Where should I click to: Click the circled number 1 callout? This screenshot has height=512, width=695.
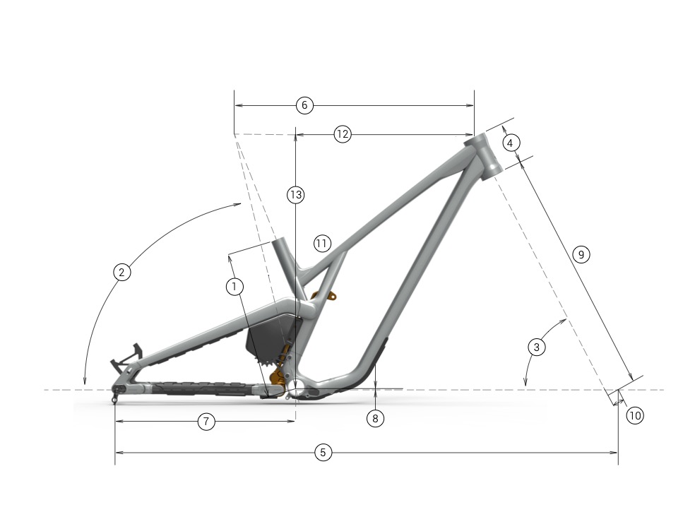click(234, 287)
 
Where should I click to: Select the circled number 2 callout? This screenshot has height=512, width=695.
click(122, 272)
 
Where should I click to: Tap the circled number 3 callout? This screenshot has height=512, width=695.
click(536, 347)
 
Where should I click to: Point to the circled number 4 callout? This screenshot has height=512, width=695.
click(510, 143)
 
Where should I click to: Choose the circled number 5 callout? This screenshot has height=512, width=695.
click(323, 453)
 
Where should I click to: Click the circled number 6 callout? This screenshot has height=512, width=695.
click(304, 105)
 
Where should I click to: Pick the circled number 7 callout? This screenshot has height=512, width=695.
click(206, 421)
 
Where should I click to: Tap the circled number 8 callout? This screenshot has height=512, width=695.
click(376, 418)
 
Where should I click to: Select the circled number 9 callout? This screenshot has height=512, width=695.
click(581, 254)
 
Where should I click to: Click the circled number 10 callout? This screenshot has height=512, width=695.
click(635, 415)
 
